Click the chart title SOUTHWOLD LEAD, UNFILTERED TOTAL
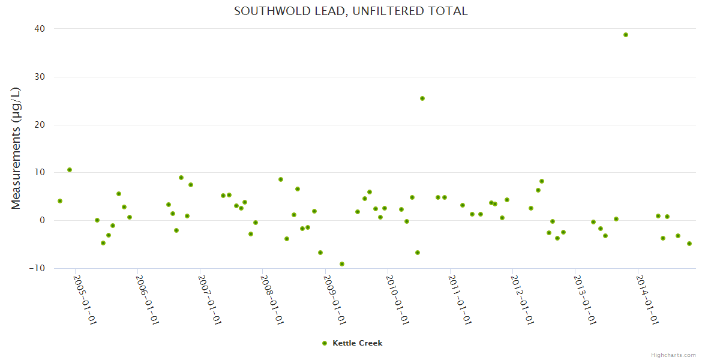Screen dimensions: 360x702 350,11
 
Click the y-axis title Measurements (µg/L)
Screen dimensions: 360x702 16,148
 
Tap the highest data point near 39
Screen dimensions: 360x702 625,35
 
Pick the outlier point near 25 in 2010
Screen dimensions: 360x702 422,98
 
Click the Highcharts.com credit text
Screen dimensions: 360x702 673,355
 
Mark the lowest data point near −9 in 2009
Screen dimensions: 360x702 341,264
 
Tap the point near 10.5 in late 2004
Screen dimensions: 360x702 70,170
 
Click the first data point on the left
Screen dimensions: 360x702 60,201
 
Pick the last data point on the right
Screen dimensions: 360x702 689,244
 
